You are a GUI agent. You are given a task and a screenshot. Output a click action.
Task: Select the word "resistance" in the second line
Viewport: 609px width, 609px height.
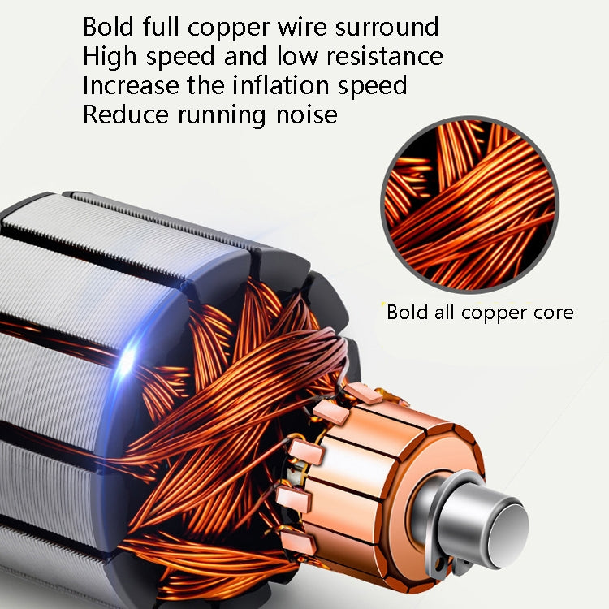382,56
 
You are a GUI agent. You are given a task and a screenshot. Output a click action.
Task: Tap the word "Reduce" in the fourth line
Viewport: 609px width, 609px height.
124,114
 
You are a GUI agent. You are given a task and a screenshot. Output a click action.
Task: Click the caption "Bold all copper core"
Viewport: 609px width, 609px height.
479,313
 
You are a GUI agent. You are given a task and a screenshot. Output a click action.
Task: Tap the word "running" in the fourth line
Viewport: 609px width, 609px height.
222,114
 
